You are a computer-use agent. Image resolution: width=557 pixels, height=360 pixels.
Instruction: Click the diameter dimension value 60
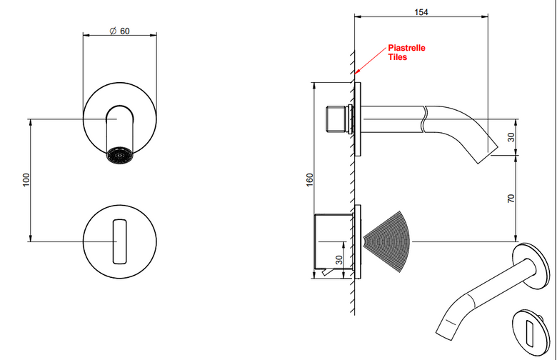tap(125, 31)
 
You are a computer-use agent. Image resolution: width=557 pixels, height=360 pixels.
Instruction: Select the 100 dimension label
tap(26, 180)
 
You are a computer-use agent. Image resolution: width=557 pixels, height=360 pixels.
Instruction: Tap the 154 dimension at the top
tap(421, 12)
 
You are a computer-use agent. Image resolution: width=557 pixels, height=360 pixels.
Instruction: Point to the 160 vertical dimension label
tap(309, 179)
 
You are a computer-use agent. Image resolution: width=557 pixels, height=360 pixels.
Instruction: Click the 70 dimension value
tap(511, 199)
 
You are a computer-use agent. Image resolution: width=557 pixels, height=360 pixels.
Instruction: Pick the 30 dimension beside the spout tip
tap(511, 137)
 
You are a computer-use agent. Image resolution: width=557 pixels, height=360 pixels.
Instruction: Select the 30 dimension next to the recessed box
tap(339, 260)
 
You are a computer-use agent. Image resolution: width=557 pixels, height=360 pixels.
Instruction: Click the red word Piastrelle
tap(406, 48)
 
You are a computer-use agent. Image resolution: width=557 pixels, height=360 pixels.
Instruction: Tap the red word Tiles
tap(398, 57)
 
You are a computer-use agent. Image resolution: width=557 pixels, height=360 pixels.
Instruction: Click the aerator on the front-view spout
tap(120, 156)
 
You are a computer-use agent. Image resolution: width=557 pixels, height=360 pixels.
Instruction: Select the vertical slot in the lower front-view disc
tap(120, 241)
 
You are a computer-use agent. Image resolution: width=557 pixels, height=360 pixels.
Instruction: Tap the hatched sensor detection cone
tap(388, 241)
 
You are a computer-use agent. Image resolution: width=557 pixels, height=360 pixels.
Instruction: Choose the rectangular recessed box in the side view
tap(333, 241)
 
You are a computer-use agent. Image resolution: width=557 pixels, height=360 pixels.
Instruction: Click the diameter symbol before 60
tap(113, 31)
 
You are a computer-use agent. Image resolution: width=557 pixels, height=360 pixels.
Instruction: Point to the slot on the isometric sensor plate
tap(529, 334)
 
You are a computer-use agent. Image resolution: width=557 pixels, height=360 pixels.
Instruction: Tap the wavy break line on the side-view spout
tap(423, 119)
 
